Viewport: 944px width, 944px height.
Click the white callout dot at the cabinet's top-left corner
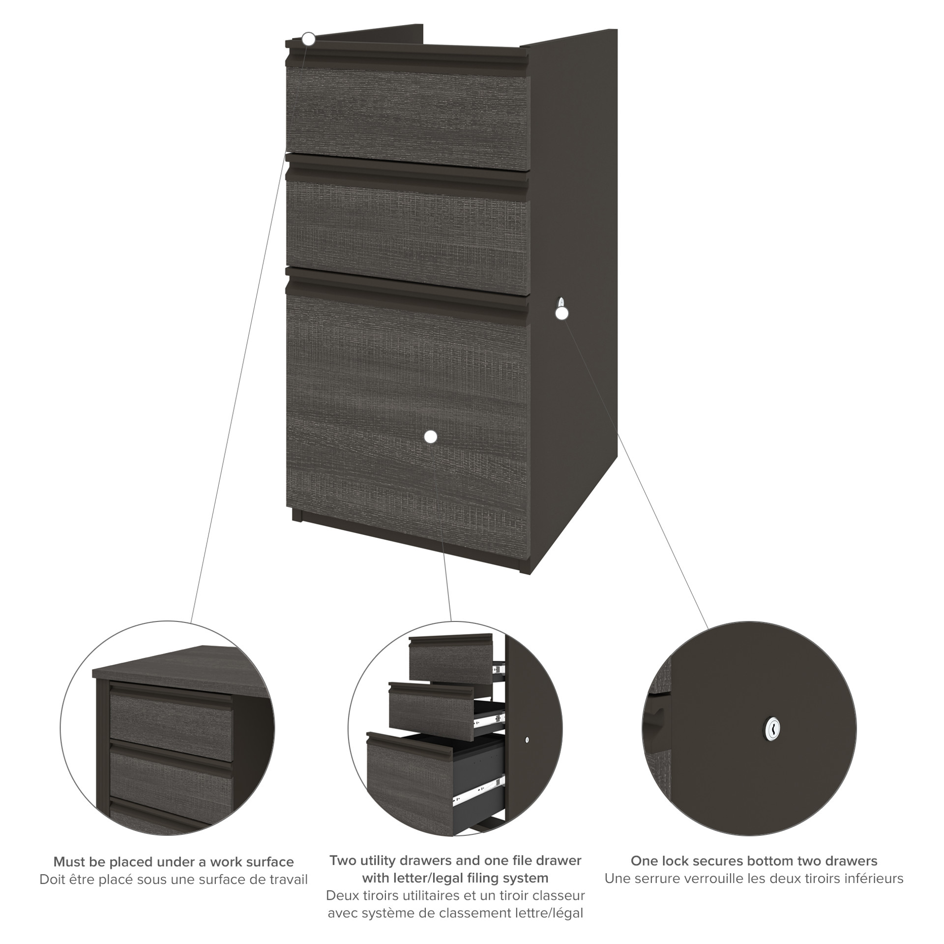pos(308,39)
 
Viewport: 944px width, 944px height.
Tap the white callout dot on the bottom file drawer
pos(430,436)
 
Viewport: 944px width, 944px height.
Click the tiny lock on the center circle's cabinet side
pos(527,753)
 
